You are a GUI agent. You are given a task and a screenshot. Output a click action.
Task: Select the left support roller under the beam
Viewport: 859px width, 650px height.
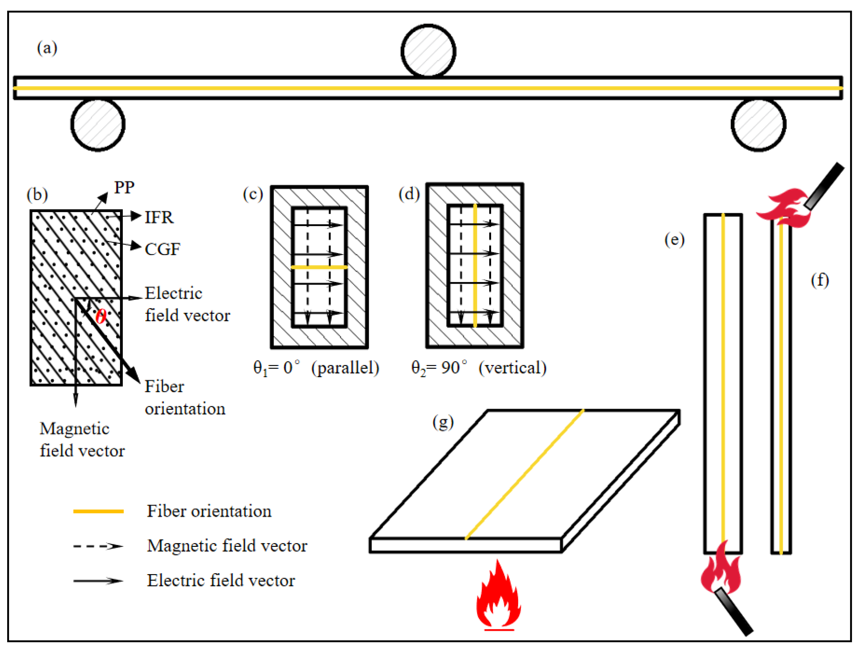(98, 124)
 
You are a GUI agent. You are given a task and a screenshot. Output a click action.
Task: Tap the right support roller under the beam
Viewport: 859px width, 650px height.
(759, 124)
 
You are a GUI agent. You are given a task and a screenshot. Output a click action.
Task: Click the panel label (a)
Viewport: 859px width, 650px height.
(47, 48)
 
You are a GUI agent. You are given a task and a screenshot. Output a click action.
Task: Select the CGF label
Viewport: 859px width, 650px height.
(162, 249)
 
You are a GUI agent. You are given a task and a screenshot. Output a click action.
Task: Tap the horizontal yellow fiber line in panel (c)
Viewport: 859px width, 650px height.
(319, 267)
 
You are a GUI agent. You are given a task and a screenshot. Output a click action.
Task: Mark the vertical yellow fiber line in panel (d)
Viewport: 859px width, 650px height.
(475, 266)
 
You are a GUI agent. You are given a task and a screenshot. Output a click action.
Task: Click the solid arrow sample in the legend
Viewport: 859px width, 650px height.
(99, 581)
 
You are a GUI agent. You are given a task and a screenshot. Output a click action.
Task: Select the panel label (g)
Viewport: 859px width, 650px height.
(443, 422)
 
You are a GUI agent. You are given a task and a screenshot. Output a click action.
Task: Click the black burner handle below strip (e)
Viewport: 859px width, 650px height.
(734, 611)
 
